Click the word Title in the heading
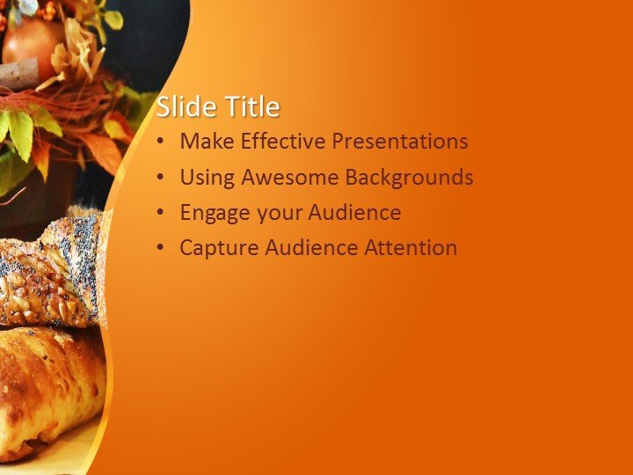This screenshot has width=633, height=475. click(x=252, y=107)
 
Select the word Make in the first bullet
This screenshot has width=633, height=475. click(x=205, y=142)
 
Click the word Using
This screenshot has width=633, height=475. click(x=207, y=178)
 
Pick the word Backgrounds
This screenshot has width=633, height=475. click(x=409, y=178)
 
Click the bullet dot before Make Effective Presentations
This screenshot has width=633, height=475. click(x=159, y=142)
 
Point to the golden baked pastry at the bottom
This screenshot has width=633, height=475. click(x=48, y=387)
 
